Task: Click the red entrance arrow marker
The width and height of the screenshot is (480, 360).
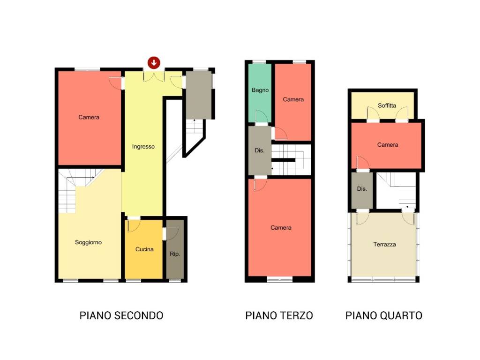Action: [x=154, y=62]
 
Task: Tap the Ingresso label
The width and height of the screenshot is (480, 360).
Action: [x=143, y=147]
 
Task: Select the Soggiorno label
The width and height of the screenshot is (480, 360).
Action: [x=88, y=242]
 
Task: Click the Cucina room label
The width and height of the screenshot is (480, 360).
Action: [x=144, y=249]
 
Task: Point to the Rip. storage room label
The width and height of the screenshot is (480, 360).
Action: [x=174, y=254]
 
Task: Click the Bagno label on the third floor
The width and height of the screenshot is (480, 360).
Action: [x=260, y=90]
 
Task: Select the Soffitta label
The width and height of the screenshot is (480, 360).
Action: [x=387, y=105]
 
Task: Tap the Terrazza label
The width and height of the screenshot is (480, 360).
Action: [x=384, y=245]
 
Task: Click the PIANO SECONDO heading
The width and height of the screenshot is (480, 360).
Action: [x=121, y=315]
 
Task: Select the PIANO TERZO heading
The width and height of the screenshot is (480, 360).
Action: [x=279, y=315]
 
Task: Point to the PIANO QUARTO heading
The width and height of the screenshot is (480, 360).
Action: [x=384, y=315]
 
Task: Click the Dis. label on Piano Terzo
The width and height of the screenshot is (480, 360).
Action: [x=259, y=151]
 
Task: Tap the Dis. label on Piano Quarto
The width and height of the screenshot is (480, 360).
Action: [x=362, y=189]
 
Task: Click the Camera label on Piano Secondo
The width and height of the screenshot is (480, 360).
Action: [x=89, y=117]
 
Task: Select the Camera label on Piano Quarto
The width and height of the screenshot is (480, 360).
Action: [x=388, y=145]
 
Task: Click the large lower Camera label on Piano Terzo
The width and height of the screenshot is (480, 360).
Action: [x=281, y=228]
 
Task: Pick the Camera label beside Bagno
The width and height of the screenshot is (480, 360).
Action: [x=293, y=99]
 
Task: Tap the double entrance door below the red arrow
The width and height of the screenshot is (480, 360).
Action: [x=154, y=76]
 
